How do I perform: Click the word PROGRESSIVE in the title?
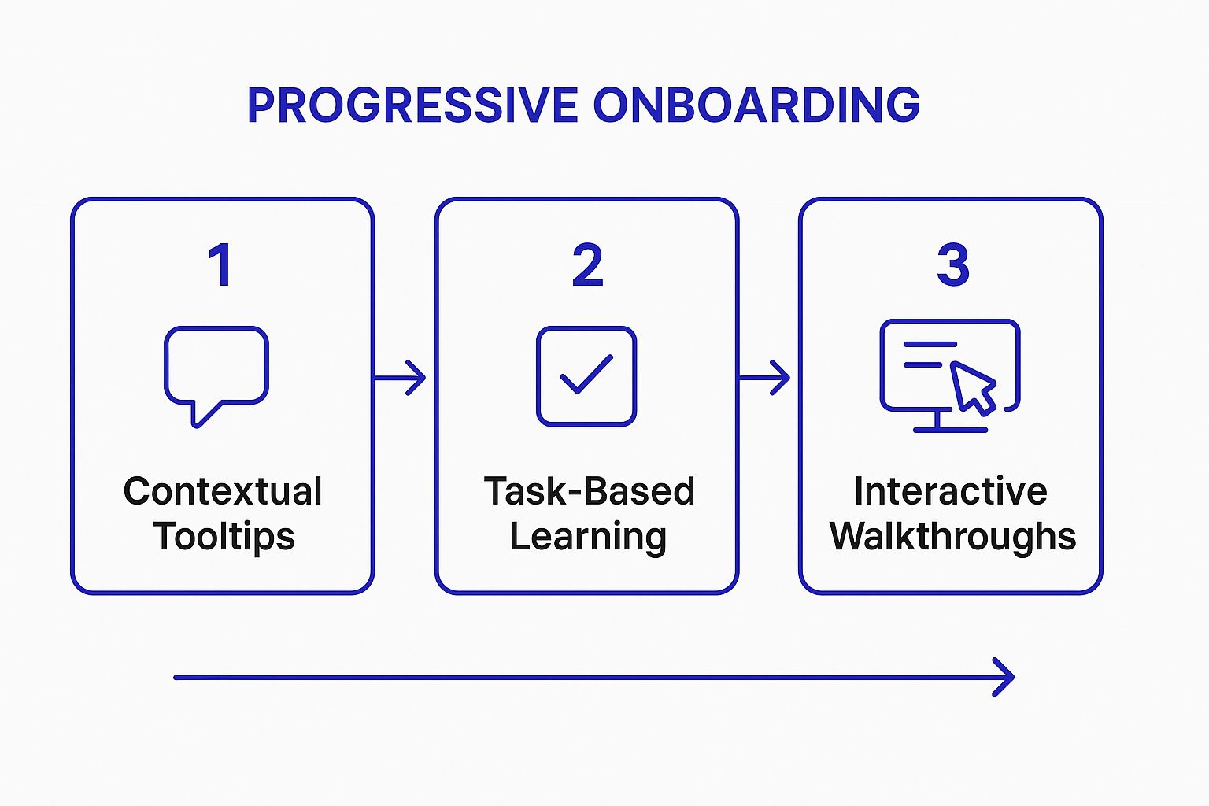pyautogui.click(x=412, y=105)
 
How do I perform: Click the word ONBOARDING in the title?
pyautogui.click(x=756, y=105)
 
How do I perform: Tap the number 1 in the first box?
pyautogui.click(x=220, y=265)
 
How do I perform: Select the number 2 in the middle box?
pyautogui.click(x=587, y=265)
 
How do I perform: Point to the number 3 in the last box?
pyautogui.click(x=952, y=265)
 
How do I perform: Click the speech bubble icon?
pyautogui.click(x=216, y=366)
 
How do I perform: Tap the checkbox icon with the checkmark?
pyautogui.click(x=586, y=376)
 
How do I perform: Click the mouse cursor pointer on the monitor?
pyautogui.click(x=973, y=386)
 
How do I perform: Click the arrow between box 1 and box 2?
pyautogui.click(x=401, y=378)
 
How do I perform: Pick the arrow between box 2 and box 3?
pyautogui.click(x=766, y=378)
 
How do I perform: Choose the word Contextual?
pyautogui.click(x=223, y=492)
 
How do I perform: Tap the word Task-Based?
pyautogui.click(x=589, y=492)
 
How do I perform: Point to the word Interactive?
pyautogui.click(x=951, y=492)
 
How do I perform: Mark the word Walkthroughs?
pyautogui.click(x=952, y=537)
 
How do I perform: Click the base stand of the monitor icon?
pyautogui.click(x=949, y=429)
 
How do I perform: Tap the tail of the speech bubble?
pyautogui.click(x=201, y=416)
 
